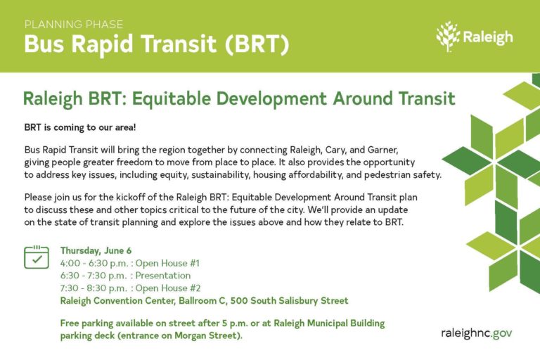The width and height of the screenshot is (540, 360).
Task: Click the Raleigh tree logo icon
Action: (x=447, y=37)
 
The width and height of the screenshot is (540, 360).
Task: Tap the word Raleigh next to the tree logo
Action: (x=487, y=37)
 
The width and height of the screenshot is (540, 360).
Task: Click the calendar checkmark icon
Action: (x=37, y=257)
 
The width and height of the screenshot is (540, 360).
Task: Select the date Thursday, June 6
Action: (x=96, y=250)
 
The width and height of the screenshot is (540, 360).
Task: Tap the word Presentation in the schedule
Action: (x=163, y=276)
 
